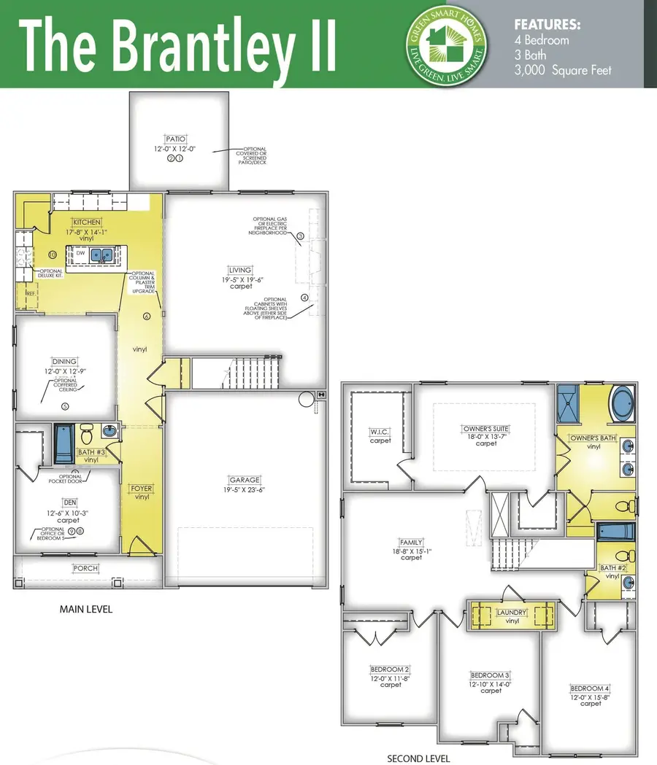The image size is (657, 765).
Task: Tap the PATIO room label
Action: click(x=175, y=138)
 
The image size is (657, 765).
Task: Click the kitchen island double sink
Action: click(x=101, y=255)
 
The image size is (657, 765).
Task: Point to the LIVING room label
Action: click(x=239, y=269)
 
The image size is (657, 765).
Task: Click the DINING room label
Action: click(x=64, y=361)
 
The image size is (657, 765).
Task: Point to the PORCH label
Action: click(x=85, y=568)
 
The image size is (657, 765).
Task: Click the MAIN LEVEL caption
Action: click(x=86, y=609)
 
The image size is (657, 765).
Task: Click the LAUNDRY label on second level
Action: click(x=512, y=613)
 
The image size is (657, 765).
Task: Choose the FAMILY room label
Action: click(x=411, y=542)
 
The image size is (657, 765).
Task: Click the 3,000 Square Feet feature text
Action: click(x=563, y=70)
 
